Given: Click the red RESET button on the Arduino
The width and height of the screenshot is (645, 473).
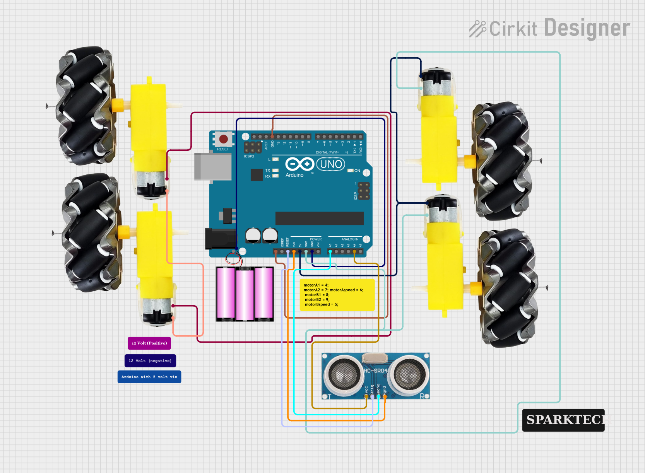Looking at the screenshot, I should click(223, 139).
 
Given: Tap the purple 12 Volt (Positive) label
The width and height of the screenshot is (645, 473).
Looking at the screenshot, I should click(149, 343).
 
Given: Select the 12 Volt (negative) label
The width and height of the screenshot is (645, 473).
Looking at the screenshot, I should click(150, 361).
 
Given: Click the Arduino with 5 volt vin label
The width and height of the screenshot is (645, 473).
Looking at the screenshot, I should click(149, 377).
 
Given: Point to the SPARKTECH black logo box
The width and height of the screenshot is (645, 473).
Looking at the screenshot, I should click(563, 420).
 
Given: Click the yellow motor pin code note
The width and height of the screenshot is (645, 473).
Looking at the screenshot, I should click(337, 295).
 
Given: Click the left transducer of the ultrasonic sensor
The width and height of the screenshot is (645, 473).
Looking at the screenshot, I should click(343, 374).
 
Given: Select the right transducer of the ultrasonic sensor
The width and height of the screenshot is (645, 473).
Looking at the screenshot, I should click(408, 374).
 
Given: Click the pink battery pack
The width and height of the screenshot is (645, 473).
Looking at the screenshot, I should click(245, 294).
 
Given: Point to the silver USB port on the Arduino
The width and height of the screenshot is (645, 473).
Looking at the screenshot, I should click(213, 167).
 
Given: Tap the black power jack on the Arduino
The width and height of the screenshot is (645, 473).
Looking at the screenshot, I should click(220, 239).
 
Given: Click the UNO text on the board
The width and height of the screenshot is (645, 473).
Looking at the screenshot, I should click(331, 164).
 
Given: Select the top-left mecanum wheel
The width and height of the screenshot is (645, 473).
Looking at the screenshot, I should click(86, 106).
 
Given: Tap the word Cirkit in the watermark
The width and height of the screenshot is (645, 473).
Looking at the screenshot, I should click(513, 29).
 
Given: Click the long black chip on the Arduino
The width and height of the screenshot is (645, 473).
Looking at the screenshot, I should click(319, 218).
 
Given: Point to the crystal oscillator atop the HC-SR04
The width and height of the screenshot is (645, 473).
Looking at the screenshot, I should click(375, 358).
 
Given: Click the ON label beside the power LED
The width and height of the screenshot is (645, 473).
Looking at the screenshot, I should click(357, 171).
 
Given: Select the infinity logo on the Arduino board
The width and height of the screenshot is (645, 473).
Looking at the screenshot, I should click(299, 164).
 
